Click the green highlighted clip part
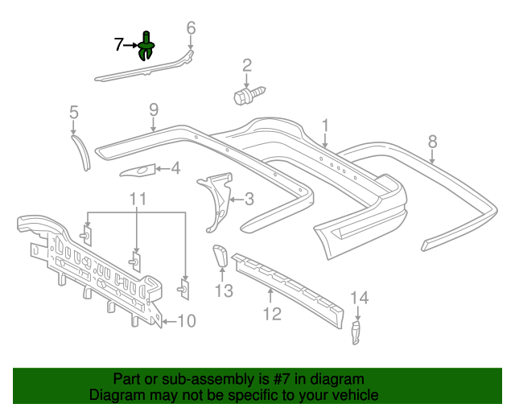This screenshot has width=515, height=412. click(x=147, y=47)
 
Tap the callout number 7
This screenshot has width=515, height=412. click(x=118, y=45)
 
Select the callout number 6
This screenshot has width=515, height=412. click(x=191, y=28)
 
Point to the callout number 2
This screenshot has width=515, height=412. click(x=247, y=65)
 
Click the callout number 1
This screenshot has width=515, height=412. click(x=326, y=125)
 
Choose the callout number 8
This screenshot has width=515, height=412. click(x=433, y=142)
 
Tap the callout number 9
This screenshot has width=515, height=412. click(x=153, y=109)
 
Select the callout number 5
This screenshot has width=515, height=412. click(x=73, y=112)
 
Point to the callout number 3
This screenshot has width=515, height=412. click(x=249, y=199)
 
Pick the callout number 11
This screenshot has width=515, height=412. click(x=138, y=198)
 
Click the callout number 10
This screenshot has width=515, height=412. click(x=186, y=322)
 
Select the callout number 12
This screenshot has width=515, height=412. click(x=273, y=313)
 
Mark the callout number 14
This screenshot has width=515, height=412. click(x=359, y=299)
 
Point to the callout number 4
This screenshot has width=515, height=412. click(x=175, y=168)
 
